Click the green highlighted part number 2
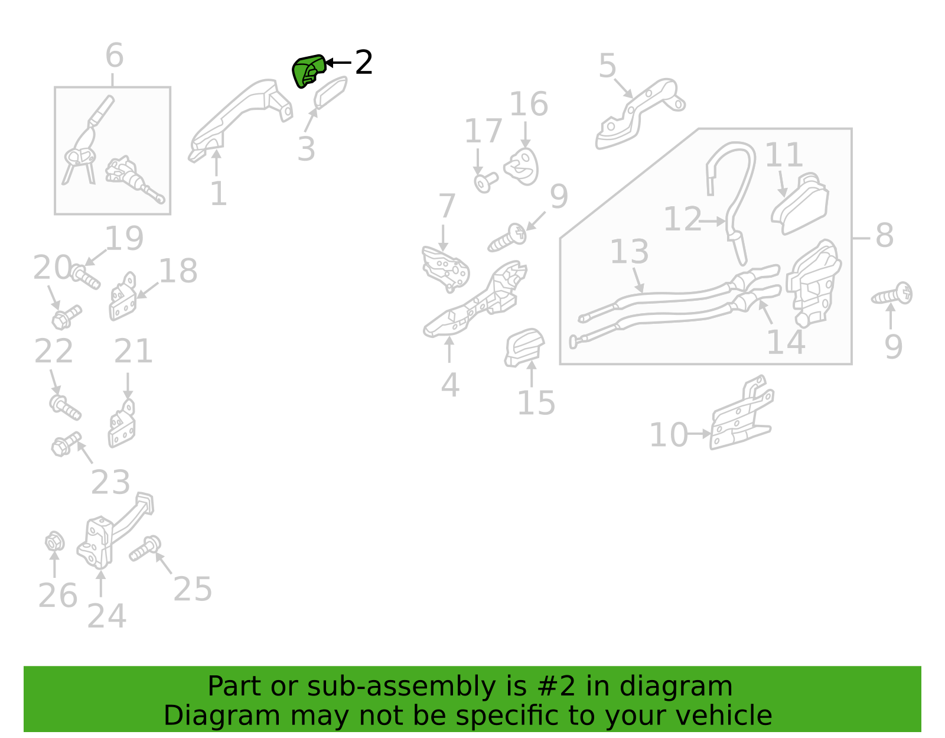[308, 71]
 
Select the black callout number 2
[364, 62]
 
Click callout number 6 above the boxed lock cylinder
[115, 55]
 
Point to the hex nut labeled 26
[54, 541]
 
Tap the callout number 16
[529, 104]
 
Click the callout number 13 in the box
[629, 251]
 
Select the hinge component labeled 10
[741, 412]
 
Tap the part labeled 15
[524, 347]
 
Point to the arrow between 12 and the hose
[712, 222]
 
